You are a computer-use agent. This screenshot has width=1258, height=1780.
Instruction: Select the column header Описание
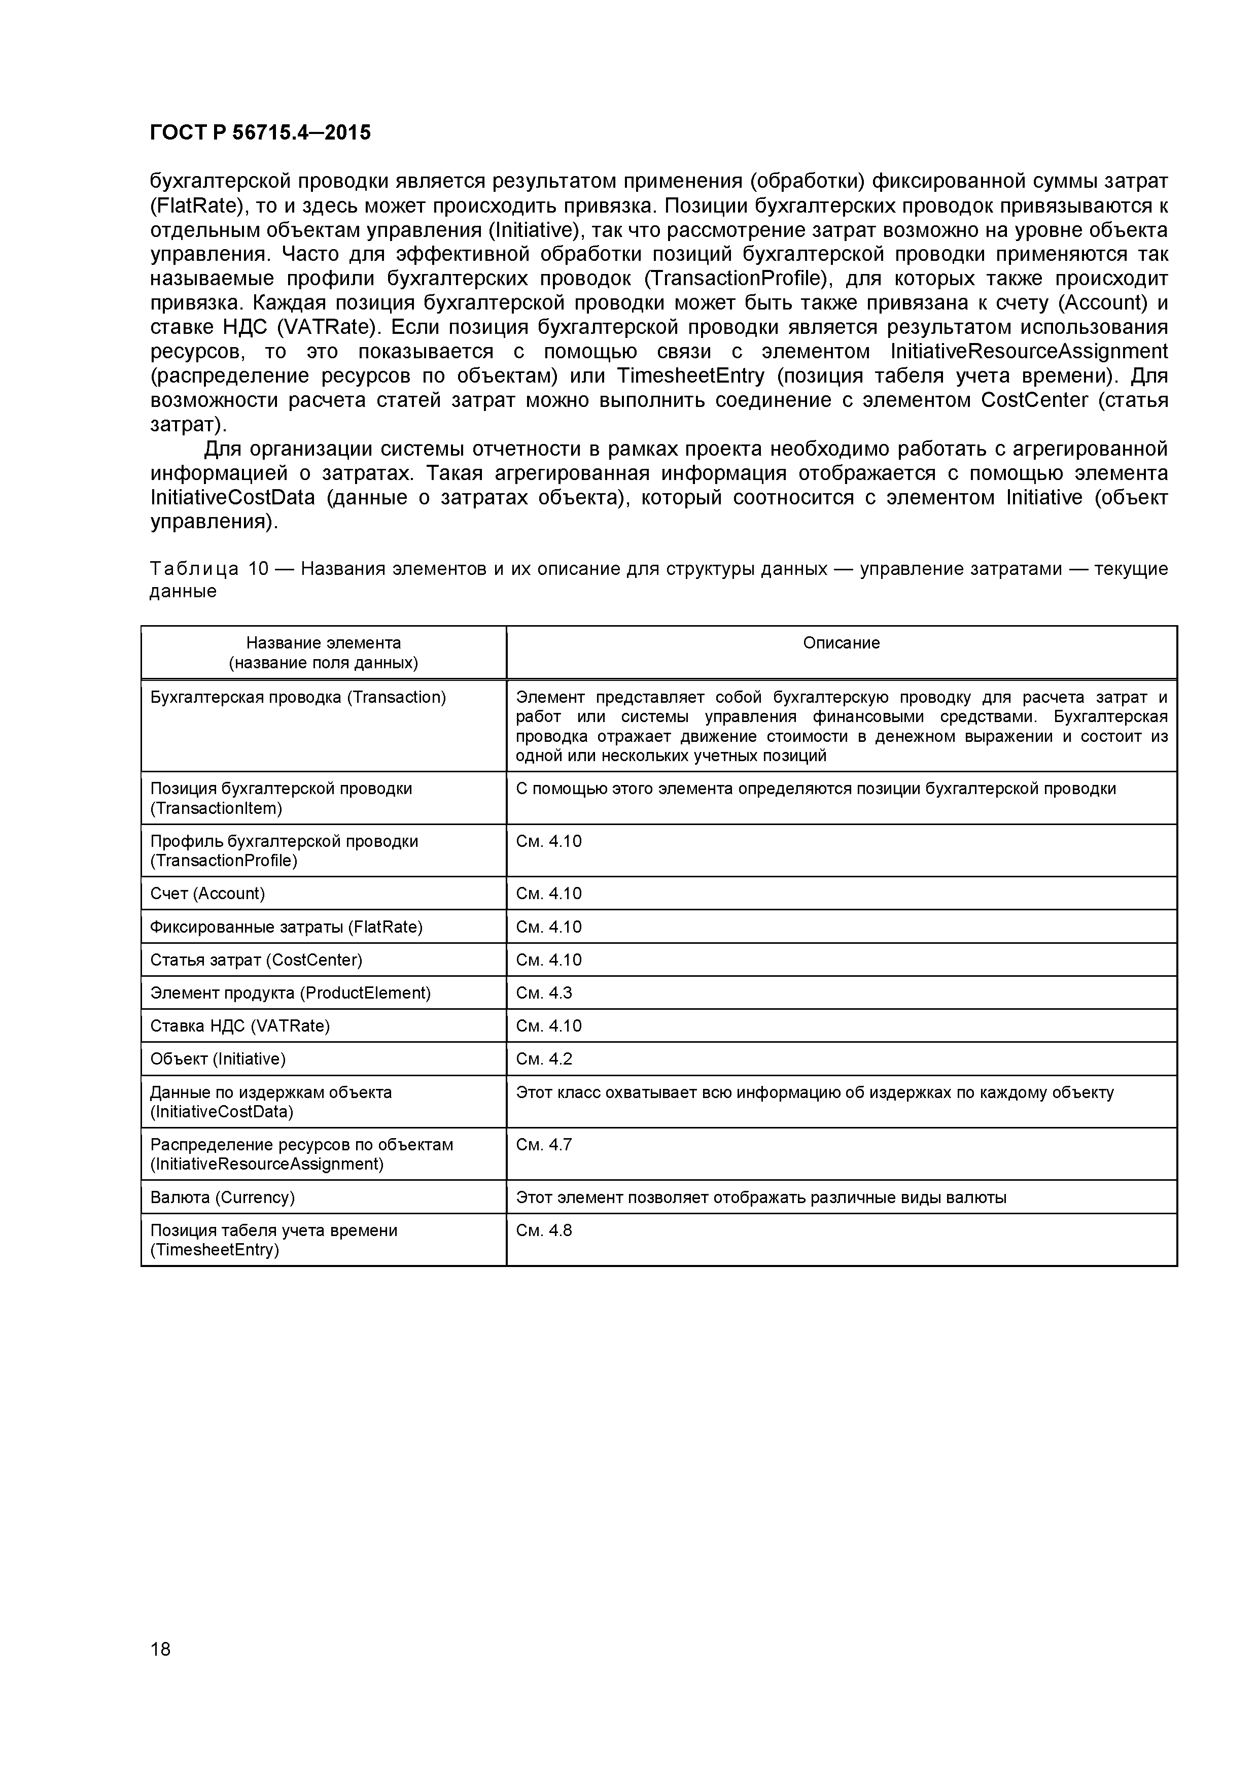pos(841,643)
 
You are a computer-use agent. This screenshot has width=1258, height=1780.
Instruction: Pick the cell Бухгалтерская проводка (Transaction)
pos(298,697)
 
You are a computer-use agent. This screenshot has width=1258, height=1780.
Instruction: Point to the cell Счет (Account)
pos(208,893)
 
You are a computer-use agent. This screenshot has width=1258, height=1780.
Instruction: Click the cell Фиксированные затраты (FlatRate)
pos(286,927)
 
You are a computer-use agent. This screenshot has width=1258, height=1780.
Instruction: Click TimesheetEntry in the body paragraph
pos(694,376)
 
